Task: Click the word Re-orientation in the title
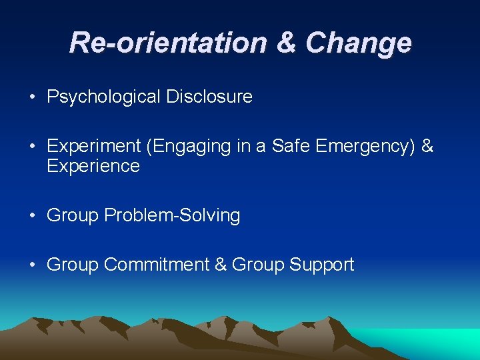click(x=167, y=43)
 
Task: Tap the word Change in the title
click(x=359, y=43)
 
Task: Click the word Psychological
click(x=103, y=97)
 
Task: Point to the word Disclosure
click(x=209, y=97)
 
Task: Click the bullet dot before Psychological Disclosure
click(x=32, y=97)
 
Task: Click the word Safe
click(x=291, y=146)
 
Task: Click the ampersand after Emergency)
click(x=428, y=146)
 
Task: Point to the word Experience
click(x=93, y=166)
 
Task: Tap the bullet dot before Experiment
click(x=32, y=147)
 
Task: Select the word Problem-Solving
click(x=172, y=215)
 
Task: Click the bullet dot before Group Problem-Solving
click(x=32, y=216)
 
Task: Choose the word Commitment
click(x=157, y=265)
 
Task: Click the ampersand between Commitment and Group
click(x=221, y=265)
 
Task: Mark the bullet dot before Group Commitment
click(x=32, y=265)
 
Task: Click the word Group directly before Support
click(x=258, y=265)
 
